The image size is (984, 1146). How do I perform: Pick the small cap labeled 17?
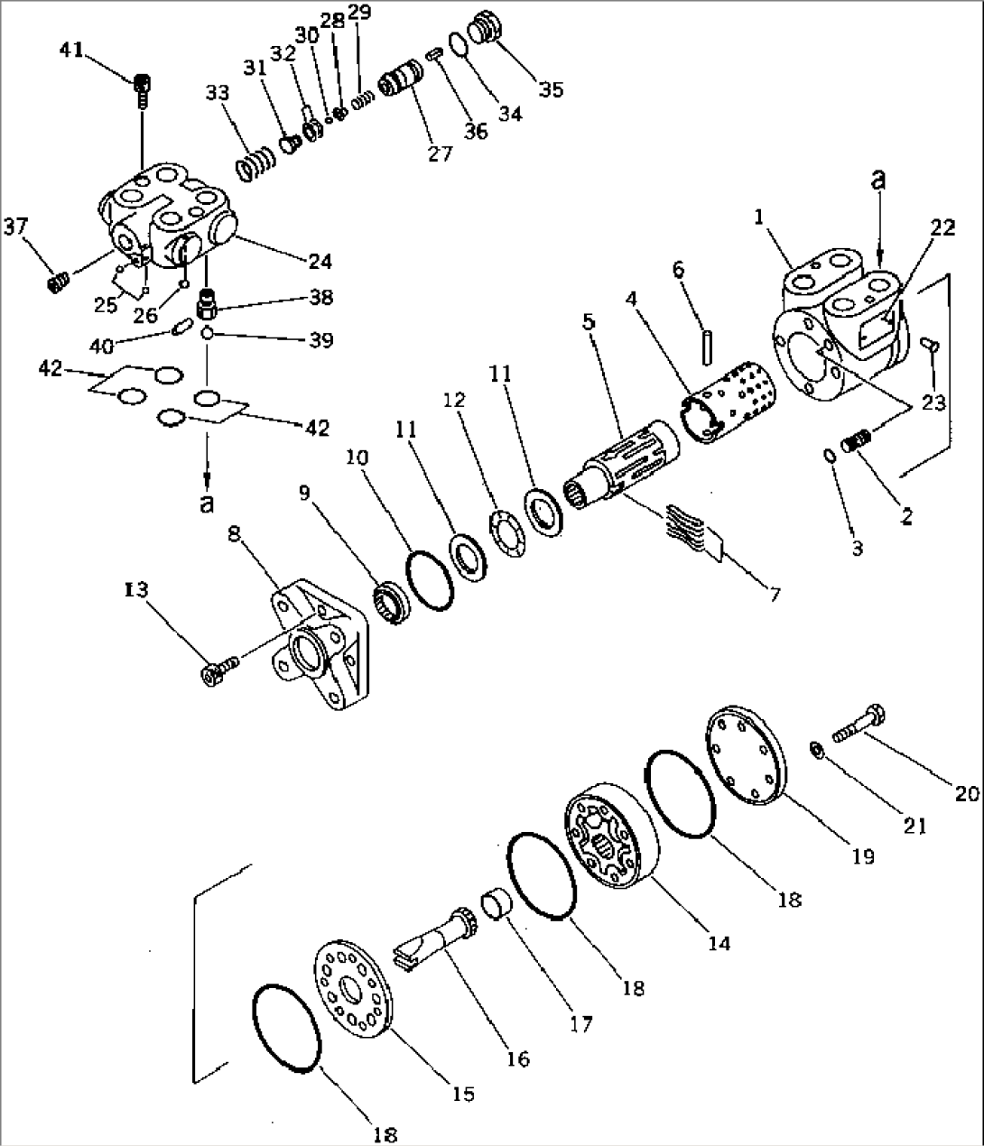pos(496,902)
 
